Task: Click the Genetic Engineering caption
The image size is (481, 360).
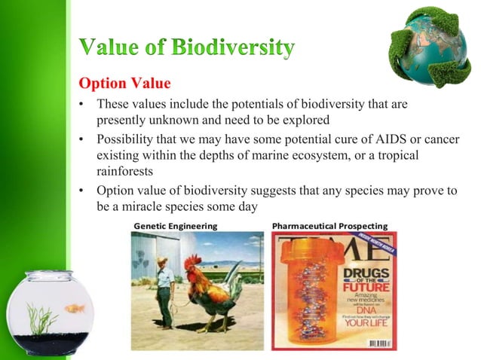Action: (175, 226)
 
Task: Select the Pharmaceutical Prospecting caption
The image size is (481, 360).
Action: (329, 226)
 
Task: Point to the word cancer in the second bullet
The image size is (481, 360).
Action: (439, 140)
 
